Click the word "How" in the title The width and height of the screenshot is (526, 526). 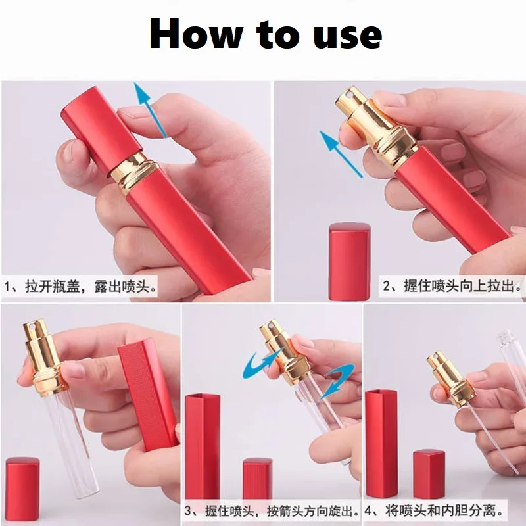pos(196,34)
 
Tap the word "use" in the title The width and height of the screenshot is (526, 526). pos(347,36)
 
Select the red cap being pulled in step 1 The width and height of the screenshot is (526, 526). pos(101,129)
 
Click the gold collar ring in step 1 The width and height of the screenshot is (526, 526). pos(134,170)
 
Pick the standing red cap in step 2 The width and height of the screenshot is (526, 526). pos(350,261)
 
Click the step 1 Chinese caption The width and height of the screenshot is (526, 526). pos(80,287)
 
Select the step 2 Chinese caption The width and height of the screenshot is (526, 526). pos(452,286)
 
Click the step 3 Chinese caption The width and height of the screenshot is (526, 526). pos(272,512)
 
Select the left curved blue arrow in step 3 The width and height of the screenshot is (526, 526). pos(262,362)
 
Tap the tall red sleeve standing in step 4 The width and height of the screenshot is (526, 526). pos(381,443)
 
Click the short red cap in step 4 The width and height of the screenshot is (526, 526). pos(429,474)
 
